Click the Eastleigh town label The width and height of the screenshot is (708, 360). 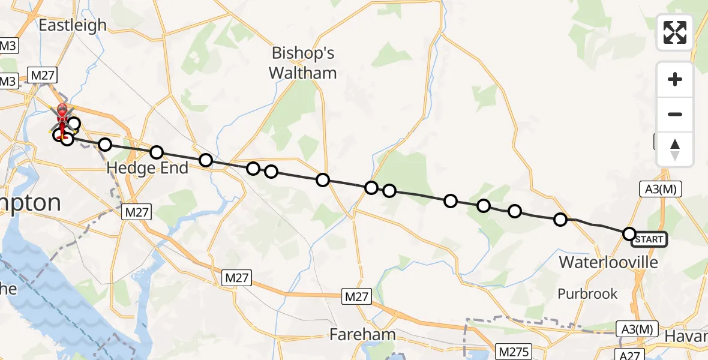72,25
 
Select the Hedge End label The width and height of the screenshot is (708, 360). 147,169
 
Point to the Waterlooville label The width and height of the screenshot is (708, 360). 608,262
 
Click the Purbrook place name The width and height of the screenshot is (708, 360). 587,293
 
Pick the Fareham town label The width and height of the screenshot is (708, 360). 362,334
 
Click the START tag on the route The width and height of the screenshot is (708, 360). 649,239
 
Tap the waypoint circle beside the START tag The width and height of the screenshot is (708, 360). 629,233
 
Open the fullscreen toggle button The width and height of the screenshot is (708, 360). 675,32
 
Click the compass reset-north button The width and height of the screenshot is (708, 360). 675,149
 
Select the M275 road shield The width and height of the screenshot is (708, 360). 512,349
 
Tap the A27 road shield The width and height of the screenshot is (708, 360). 630,355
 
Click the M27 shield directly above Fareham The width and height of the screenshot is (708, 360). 358,296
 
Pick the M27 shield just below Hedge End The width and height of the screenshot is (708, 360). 138,211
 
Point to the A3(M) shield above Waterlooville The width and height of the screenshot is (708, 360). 662,189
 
